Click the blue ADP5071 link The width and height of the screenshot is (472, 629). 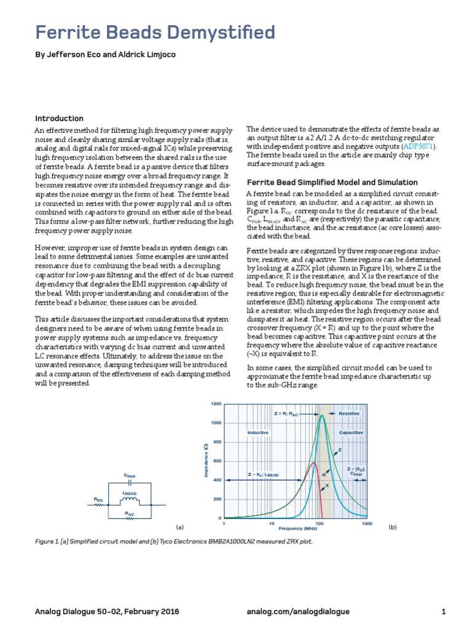coord(418,147)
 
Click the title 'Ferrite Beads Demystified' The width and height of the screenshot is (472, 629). coord(155,33)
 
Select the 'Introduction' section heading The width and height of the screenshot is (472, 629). coord(59,119)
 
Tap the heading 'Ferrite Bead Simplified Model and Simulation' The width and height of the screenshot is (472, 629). coord(332,182)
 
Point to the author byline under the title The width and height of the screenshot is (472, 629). coord(105,55)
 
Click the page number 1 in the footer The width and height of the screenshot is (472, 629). coord(443,612)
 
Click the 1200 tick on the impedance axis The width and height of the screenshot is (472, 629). coord(216,404)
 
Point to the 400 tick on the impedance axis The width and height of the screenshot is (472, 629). coord(217,480)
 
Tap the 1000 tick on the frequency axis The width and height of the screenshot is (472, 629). coord(367,524)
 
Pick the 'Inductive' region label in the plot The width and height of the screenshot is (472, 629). coord(259,433)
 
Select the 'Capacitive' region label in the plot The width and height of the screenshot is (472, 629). coord(351,433)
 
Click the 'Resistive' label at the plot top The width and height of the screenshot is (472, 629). coord(349,414)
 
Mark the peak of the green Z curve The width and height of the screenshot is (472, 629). coord(321,416)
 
